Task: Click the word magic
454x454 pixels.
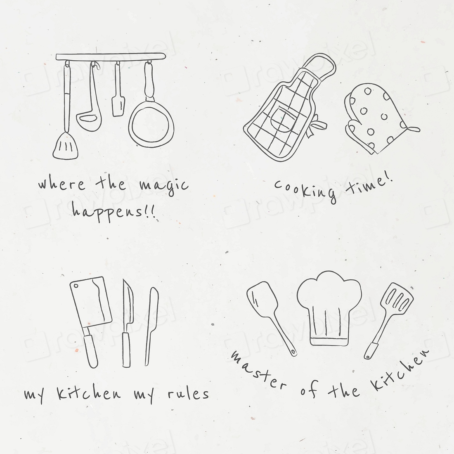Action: (x=165, y=185)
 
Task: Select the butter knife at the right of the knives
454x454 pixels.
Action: (x=151, y=326)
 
